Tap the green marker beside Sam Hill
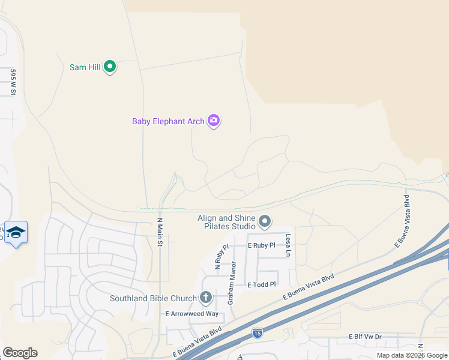110,67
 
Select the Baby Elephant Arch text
168,121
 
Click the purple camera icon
214,121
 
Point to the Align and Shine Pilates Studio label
227,222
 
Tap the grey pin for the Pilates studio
265,223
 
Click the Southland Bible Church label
153,298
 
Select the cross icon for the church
206,297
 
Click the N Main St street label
160,228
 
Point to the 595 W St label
12,82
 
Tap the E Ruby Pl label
261,245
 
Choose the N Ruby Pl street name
221,255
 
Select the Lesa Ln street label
288,244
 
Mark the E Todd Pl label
261,284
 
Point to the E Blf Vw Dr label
365,337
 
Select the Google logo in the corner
20,353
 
